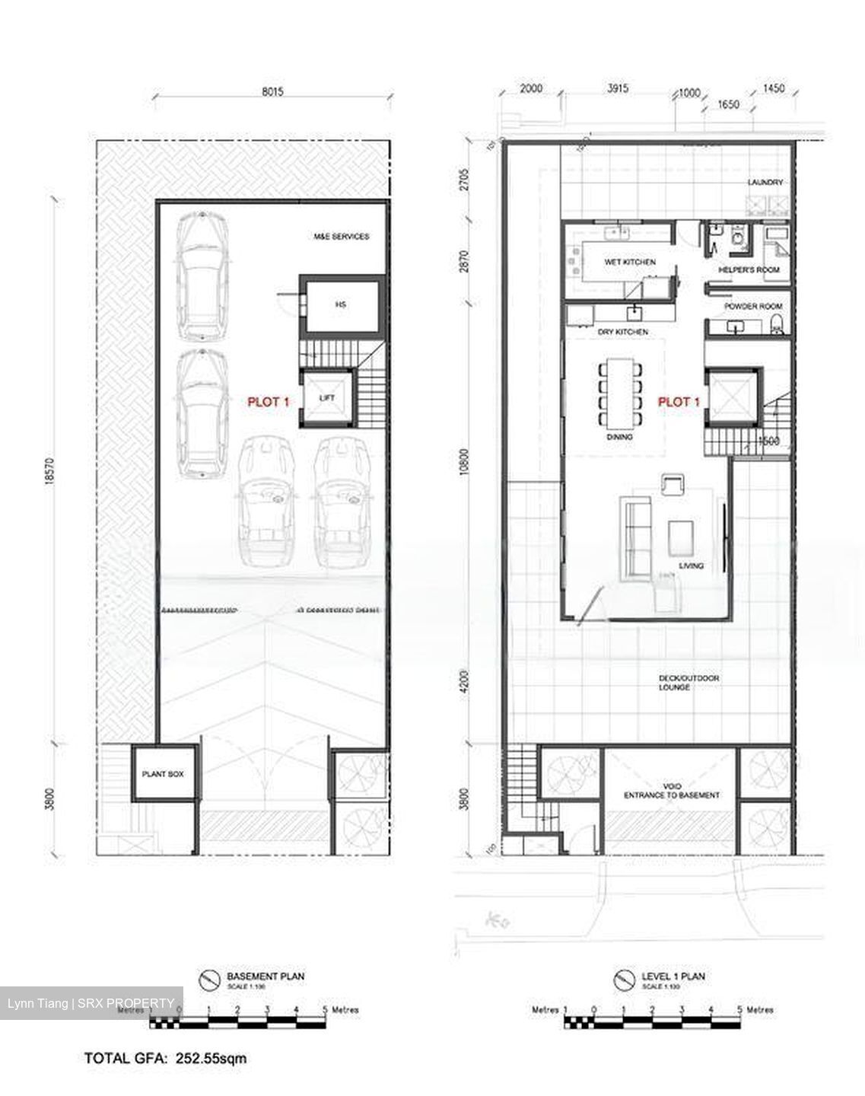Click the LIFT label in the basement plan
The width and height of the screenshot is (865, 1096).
point(327,398)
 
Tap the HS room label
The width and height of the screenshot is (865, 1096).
point(340,304)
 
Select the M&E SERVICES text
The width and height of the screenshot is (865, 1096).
point(341,237)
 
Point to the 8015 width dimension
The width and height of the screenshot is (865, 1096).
point(272,91)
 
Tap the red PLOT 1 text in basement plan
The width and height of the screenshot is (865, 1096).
point(268,402)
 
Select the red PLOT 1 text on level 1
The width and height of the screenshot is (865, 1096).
point(678,402)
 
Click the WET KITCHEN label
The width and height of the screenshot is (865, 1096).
point(629,262)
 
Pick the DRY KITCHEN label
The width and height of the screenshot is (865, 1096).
point(622,333)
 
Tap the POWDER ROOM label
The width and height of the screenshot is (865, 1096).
point(752,306)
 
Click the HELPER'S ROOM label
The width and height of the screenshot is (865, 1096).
point(749,270)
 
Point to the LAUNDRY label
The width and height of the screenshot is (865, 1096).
point(765,183)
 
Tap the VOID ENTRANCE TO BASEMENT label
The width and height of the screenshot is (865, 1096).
point(671,791)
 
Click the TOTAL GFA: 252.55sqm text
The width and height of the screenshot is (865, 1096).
point(165,1058)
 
